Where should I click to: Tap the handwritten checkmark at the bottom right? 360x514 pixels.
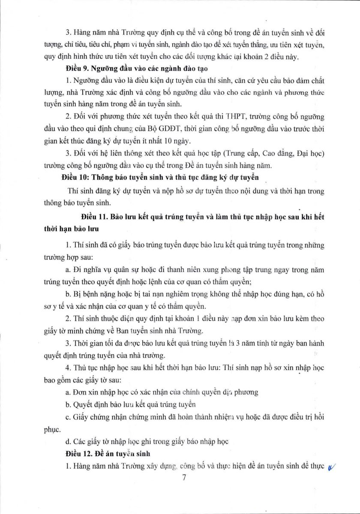[x=331, y=468]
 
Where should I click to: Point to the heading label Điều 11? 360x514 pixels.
[x=93, y=217]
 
